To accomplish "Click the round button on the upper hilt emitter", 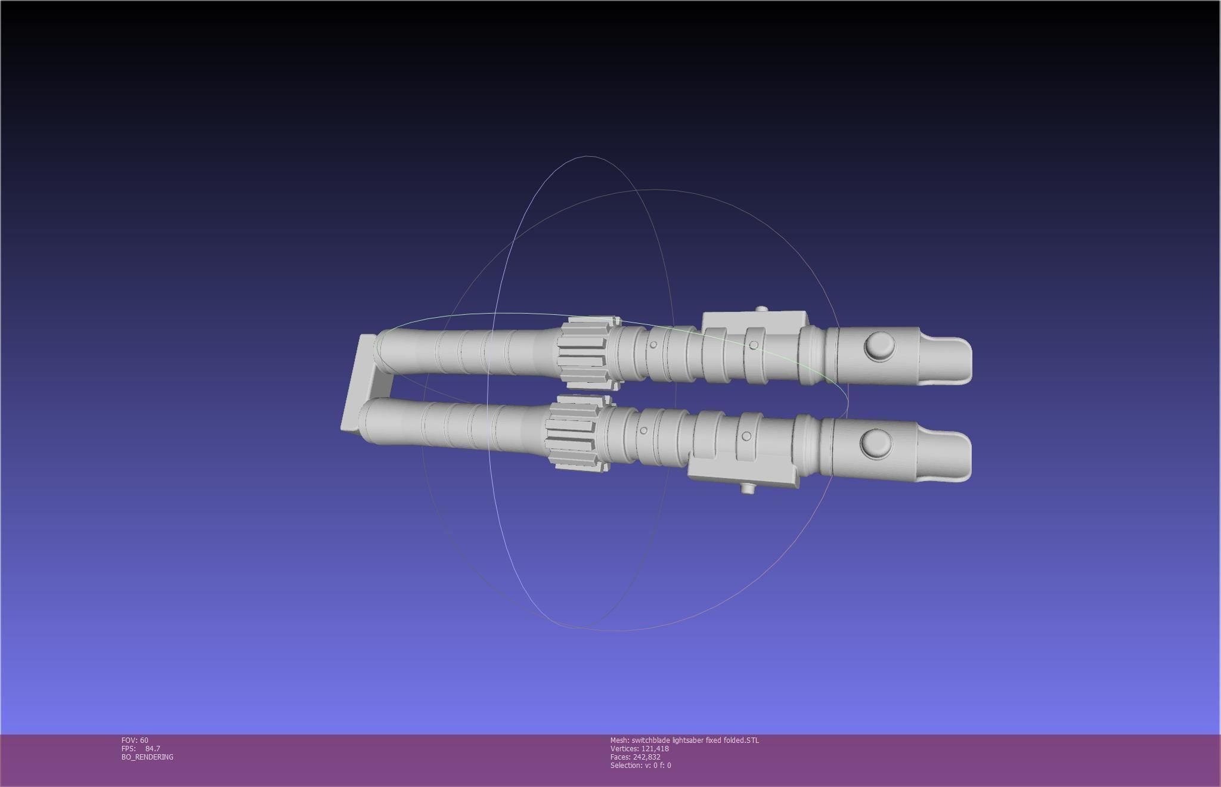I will (x=879, y=347).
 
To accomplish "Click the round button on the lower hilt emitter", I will (x=876, y=444).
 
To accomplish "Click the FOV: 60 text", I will (x=135, y=740).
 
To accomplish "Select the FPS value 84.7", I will (x=153, y=748).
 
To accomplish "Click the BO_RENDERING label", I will (x=147, y=757).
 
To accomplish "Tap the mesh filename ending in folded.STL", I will (x=684, y=740).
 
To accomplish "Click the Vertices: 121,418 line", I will (x=639, y=748).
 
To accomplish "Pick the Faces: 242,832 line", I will (x=635, y=757).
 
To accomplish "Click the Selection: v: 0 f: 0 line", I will (x=640, y=765).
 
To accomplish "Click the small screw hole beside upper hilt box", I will (x=754, y=345).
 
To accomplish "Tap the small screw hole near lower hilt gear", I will (x=643, y=430).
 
